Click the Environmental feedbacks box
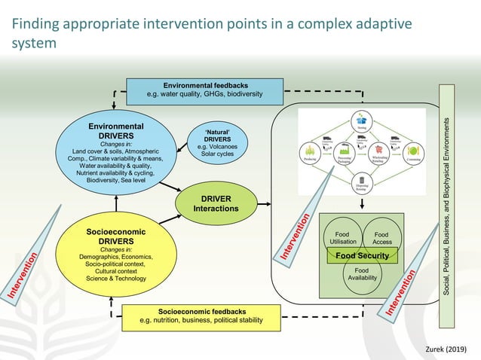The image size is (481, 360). click(204, 91)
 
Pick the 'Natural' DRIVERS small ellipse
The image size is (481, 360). click(218, 142)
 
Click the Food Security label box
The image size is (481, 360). click(362, 256)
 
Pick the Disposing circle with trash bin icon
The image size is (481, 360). click(361, 182)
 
